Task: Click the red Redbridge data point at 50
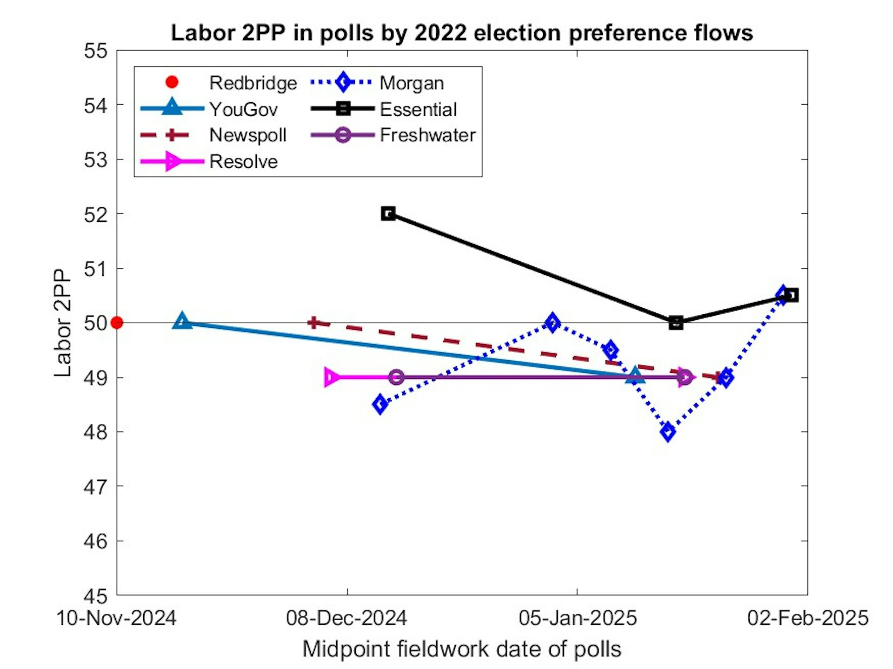tap(117, 322)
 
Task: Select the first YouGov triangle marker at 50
tap(182, 321)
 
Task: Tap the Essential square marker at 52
tap(388, 214)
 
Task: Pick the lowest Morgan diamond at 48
tap(668, 432)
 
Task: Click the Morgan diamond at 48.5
tap(380, 404)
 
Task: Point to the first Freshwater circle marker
tap(396, 377)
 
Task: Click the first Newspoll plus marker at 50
tap(313, 322)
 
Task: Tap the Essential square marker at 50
tap(676, 322)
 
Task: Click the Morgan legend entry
tap(411, 83)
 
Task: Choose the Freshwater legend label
tap(427, 135)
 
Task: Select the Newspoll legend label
tap(247, 135)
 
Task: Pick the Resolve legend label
tap(243, 162)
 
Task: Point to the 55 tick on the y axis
tap(95, 51)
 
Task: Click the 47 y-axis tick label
tap(95, 487)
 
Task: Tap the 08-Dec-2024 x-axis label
tap(347, 618)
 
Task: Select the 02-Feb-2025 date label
tap(807, 618)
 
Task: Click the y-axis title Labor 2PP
tap(62, 323)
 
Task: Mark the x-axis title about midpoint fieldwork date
tap(461, 649)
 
